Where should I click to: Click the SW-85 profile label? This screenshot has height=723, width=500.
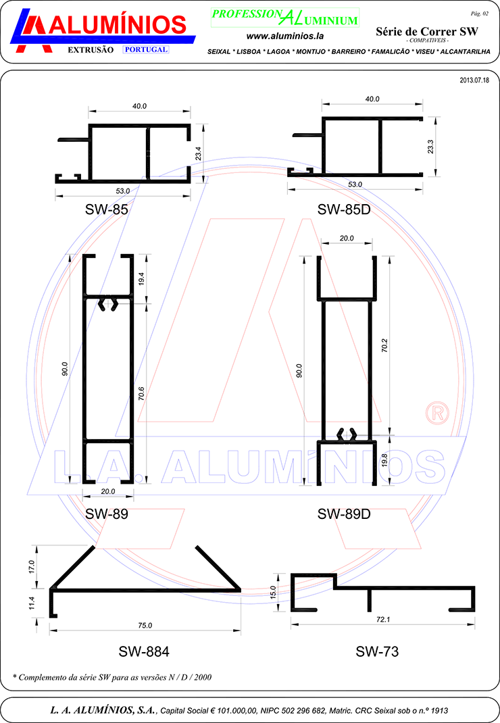click(x=107, y=209)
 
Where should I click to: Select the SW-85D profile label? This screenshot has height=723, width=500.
click(x=344, y=209)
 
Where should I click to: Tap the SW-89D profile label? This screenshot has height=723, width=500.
click(x=344, y=514)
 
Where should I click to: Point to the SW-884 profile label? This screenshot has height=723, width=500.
click(x=144, y=651)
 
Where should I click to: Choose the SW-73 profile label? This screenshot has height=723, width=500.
click(x=377, y=651)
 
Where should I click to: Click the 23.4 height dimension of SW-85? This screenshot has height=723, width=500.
click(x=199, y=153)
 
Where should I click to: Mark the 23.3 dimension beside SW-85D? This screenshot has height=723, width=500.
click(x=430, y=147)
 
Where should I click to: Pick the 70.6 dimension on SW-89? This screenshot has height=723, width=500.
click(x=142, y=393)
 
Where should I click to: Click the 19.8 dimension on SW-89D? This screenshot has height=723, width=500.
click(x=384, y=461)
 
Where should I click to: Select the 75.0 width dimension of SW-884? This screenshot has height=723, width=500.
click(x=145, y=626)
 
